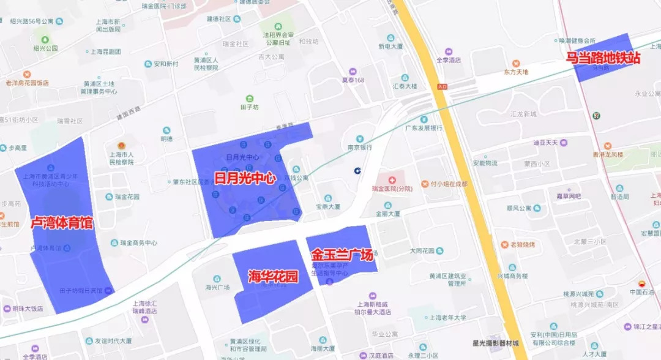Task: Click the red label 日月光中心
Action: click(x=244, y=178)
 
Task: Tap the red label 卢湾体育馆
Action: click(x=62, y=223)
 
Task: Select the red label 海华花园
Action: click(x=272, y=276)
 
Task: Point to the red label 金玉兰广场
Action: click(x=342, y=255)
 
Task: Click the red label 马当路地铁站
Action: click(x=603, y=58)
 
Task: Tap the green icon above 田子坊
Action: click(x=249, y=99)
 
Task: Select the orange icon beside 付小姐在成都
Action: click(x=425, y=184)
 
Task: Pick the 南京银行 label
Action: click(x=360, y=148)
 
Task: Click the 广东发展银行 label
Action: click(x=424, y=128)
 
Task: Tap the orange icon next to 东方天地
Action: click(x=516, y=63)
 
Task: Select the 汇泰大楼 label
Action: click(x=404, y=86)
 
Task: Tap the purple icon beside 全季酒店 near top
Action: click(x=449, y=51)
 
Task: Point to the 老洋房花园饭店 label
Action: click(x=27, y=83)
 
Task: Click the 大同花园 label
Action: click(x=422, y=250)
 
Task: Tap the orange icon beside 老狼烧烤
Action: click(x=505, y=244)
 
